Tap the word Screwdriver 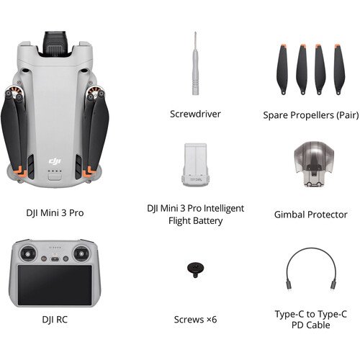(x=195, y=114)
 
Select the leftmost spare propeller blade (x=282, y=69)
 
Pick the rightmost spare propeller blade (x=339, y=69)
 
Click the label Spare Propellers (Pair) (x=311, y=115)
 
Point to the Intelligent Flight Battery (x=196, y=165)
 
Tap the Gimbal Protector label (x=311, y=215)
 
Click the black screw (x=195, y=269)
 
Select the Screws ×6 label (x=195, y=320)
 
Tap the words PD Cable (x=311, y=325)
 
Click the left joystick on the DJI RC (x=28, y=253)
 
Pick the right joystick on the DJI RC (x=81, y=253)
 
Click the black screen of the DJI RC (x=55, y=285)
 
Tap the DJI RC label (x=55, y=320)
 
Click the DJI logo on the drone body (x=55, y=161)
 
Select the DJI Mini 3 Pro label (x=55, y=213)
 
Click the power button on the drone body (x=55, y=178)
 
